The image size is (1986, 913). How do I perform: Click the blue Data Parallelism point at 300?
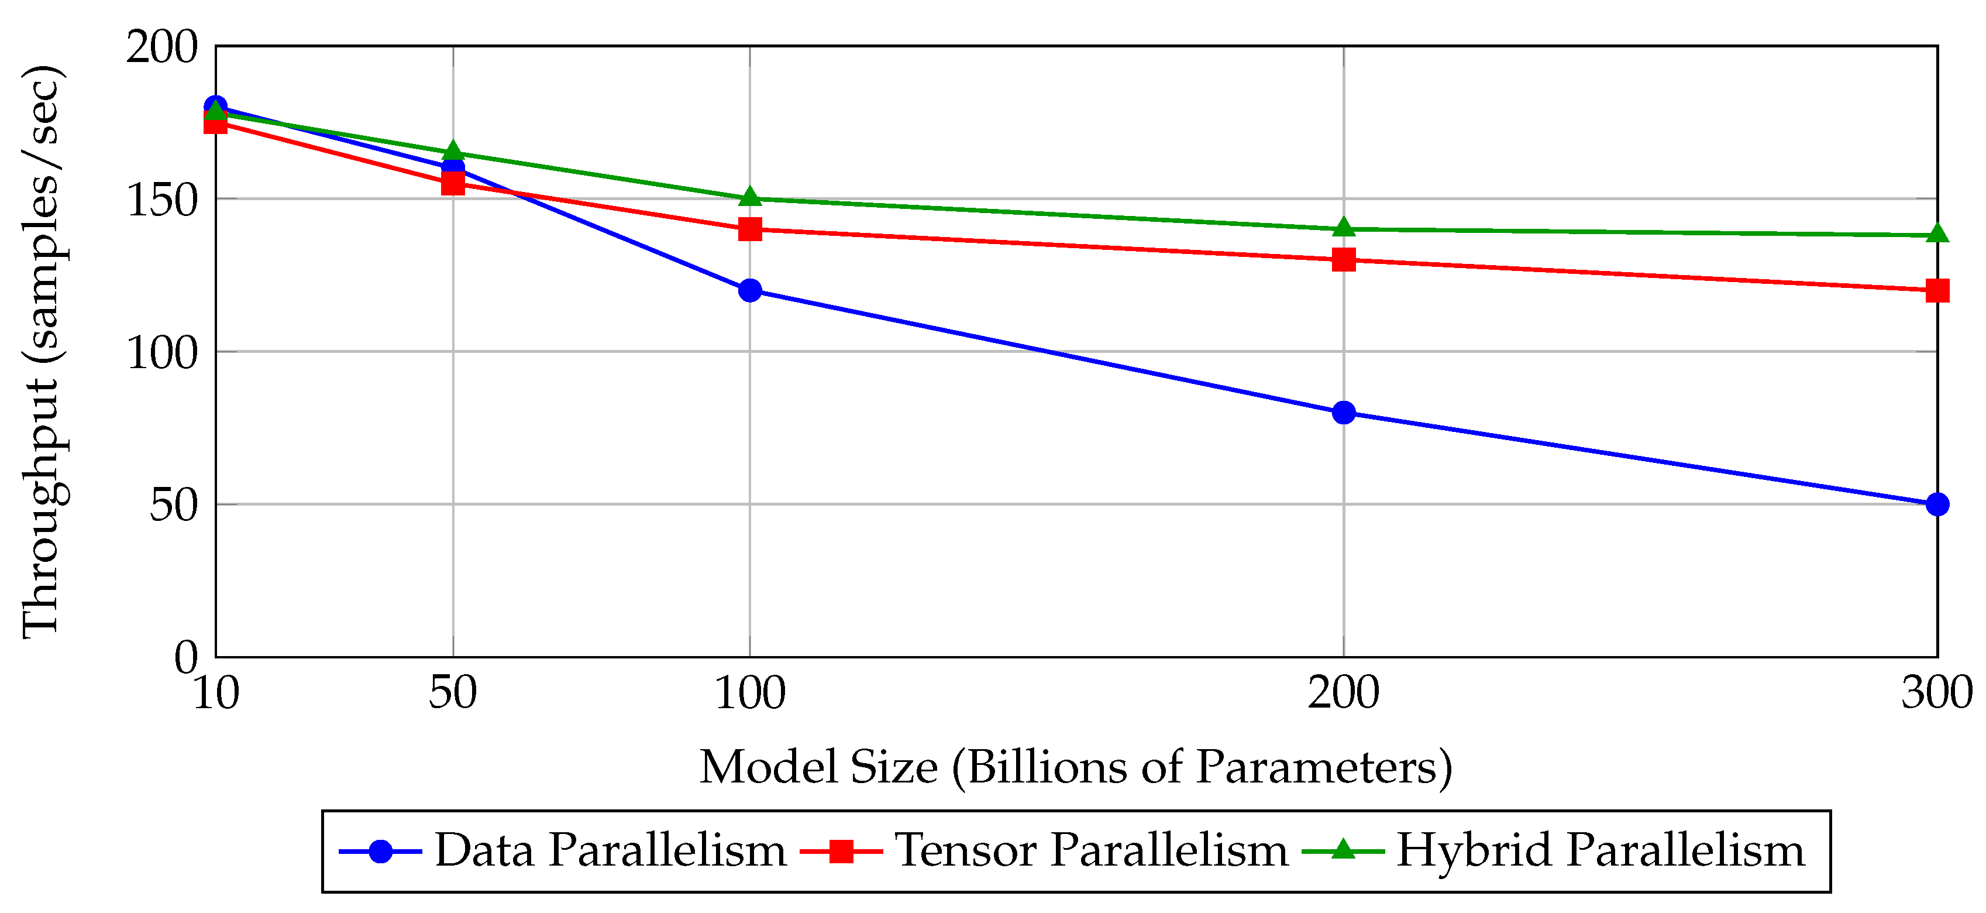pos(1937,504)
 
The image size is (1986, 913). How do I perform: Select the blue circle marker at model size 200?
pos(1344,413)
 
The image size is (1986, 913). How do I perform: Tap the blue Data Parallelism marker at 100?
pos(750,291)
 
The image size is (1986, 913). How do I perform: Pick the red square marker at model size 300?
pos(1937,291)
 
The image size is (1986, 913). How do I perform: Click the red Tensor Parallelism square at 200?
pos(1344,260)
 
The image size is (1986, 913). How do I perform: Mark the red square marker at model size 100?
pos(750,229)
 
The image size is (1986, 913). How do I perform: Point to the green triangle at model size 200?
pos(1344,228)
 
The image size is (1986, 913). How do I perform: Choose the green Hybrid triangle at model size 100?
pos(750,197)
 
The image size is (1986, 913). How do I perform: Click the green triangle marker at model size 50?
pos(453,151)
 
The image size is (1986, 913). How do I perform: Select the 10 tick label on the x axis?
pos(216,692)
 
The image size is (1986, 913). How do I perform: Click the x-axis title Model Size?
pos(1076,767)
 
